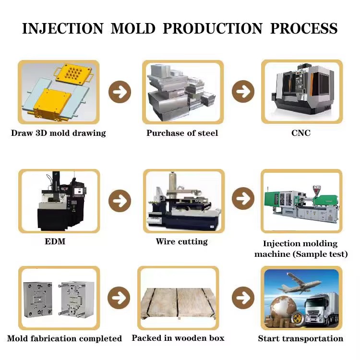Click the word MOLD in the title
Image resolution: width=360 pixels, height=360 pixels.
click(133, 28)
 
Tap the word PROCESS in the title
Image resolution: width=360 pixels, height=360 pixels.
click(304, 28)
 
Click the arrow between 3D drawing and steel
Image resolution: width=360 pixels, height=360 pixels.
click(120, 92)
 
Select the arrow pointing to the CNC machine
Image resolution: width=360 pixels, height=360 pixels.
click(243, 91)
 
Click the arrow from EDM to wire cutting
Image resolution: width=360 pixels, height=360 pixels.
click(120, 201)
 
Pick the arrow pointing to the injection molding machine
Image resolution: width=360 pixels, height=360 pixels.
click(243, 199)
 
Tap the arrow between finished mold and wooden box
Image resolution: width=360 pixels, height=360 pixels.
click(119, 298)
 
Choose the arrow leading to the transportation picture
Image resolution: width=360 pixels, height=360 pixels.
click(243, 298)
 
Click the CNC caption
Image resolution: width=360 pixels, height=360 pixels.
click(301, 133)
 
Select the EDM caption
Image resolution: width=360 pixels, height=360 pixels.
click(55, 241)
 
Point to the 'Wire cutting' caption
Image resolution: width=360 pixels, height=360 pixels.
click(181, 242)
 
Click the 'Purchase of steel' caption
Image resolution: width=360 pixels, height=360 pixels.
click(182, 133)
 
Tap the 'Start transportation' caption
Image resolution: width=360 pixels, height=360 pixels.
click(300, 338)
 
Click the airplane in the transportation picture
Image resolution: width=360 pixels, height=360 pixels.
click(299, 283)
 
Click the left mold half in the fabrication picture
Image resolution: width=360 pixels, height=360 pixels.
click(38, 300)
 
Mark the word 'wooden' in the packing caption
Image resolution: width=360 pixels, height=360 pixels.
click(190, 338)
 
